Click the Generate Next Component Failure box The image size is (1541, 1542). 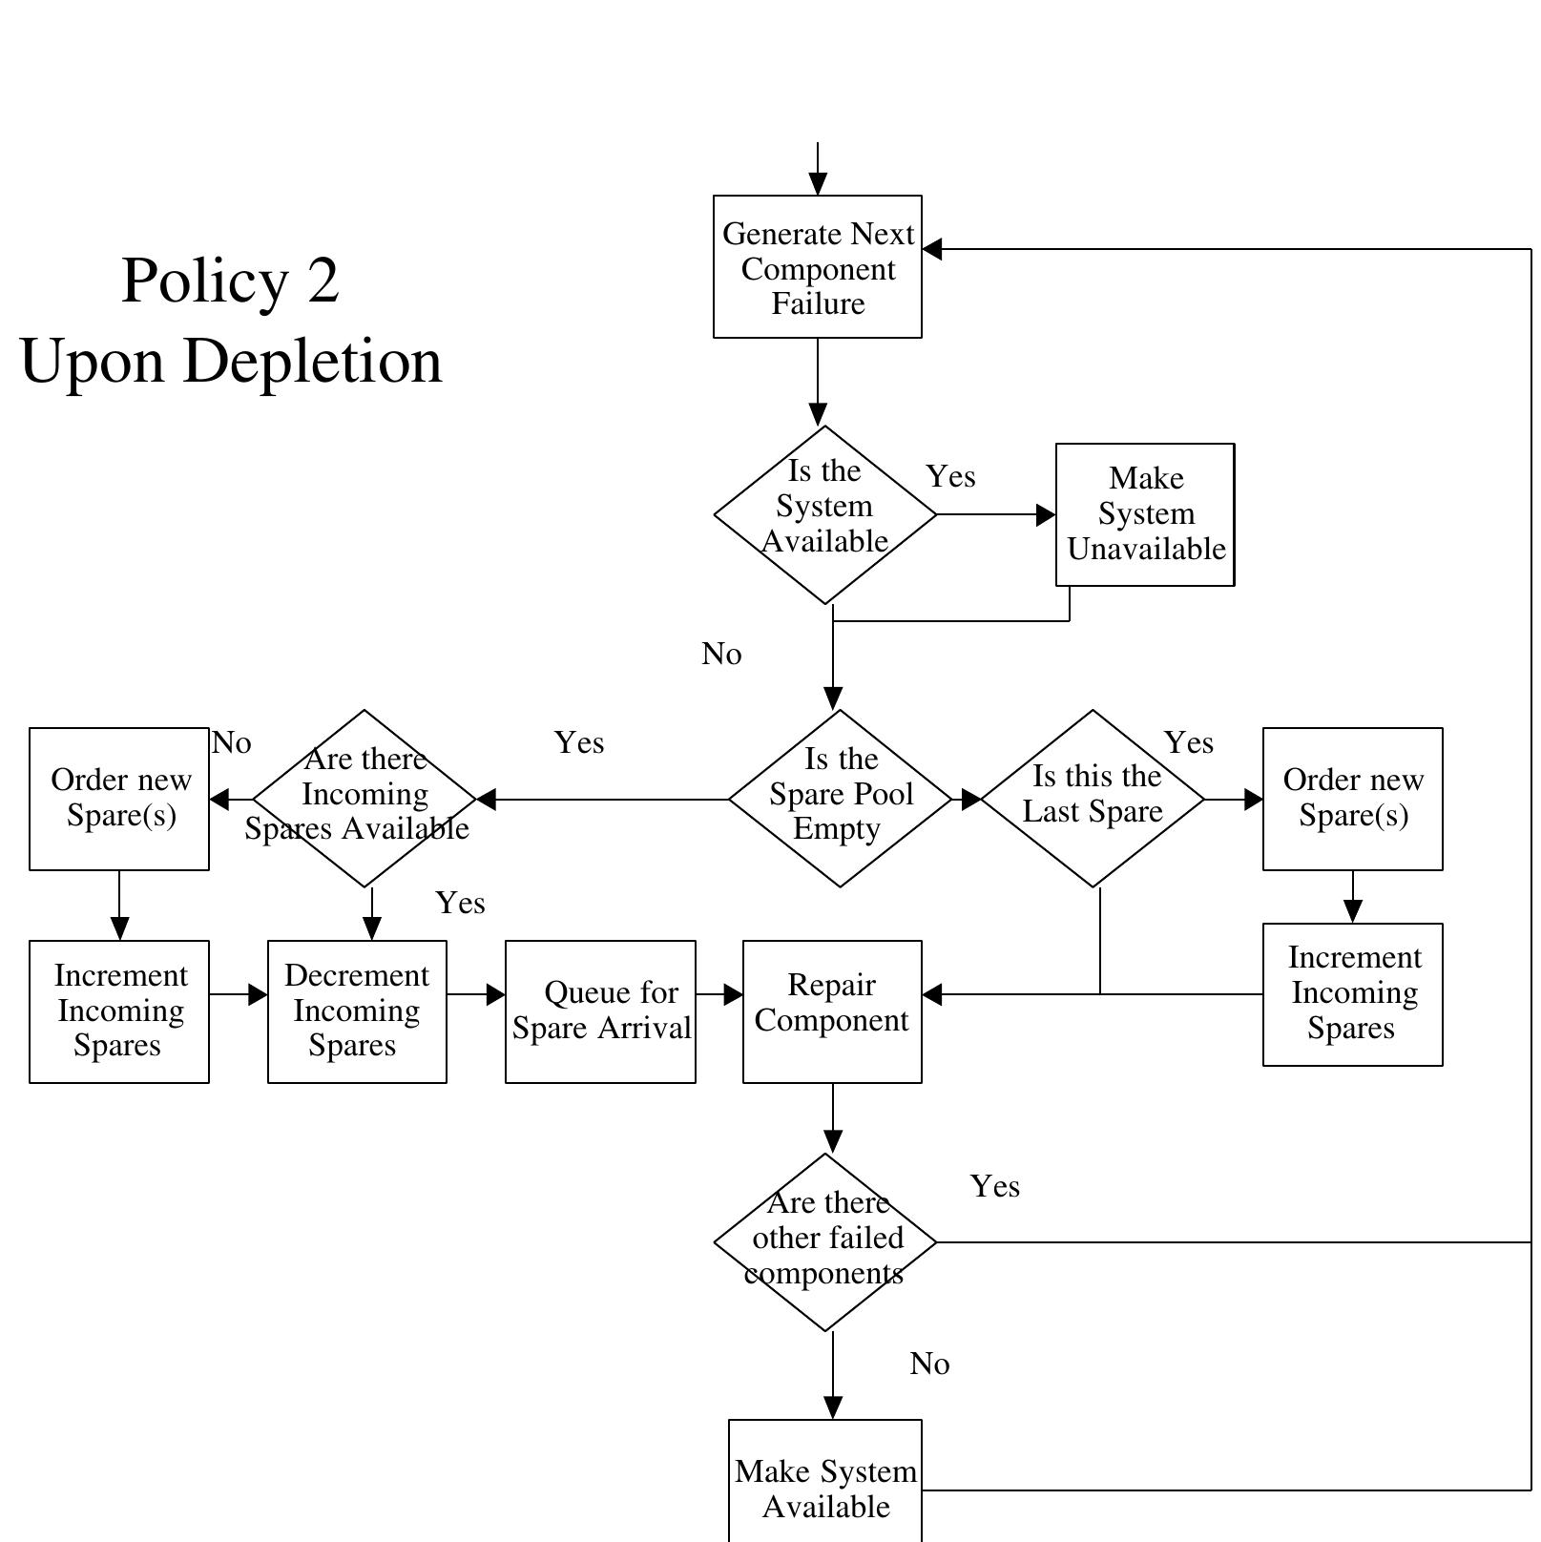pyautogui.click(x=818, y=267)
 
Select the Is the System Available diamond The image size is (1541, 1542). pyautogui.click(x=825, y=515)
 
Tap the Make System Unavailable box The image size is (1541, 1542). pyautogui.click(x=1145, y=514)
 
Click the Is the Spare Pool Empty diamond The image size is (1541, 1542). pyautogui.click(x=840, y=799)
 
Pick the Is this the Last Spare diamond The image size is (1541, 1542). pyautogui.click(x=1093, y=799)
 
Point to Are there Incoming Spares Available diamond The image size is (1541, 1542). pyautogui.click(x=364, y=799)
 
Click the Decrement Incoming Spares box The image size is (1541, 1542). pyautogui.click(x=357, y=1011)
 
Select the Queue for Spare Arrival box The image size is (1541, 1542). pyautogui.click(x=600, y=1011)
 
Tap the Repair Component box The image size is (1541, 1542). pyautogui.click(x=832, y=1011)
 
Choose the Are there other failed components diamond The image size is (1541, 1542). pyautogui.click(x=825, y=1241)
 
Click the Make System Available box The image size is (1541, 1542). pyautogui.click(x=825, y=1484)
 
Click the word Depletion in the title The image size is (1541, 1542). pyautogui.click(x=313, y=363)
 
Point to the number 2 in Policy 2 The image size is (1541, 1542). pyautogui.click(x=323, y=281)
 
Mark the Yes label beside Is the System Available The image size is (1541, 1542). pyautogui.click(x=950, y=476)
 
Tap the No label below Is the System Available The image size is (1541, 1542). pyautogui.click(x=721, y=655)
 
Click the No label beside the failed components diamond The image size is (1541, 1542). pyautogui.click(x=929, y=1365)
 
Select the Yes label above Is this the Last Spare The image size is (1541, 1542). pyautogui.click(x=1189, y=742)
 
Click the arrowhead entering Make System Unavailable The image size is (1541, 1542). pyautogui.click(x=1046, y=515)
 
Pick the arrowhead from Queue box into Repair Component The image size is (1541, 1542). pyautogui.click(x=733, y=994)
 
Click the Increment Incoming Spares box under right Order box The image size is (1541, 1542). pyautogui.click(x=1352, y=994)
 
